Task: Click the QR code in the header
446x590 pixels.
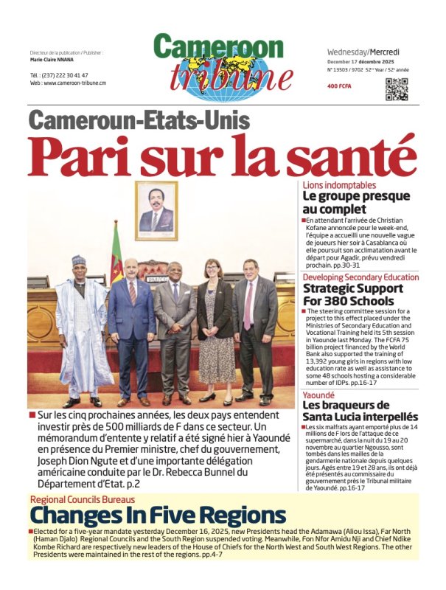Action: coord(397,88)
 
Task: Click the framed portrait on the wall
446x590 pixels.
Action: coord(156,211)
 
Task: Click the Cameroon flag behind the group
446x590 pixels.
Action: coord(116,254)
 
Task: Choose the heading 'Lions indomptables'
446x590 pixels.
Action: coord(339,185)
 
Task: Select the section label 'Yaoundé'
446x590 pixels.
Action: coord(323,395)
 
